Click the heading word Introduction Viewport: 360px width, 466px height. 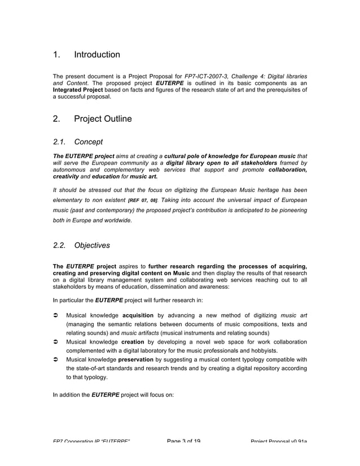point(97,55)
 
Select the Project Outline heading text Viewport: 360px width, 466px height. point(103,119)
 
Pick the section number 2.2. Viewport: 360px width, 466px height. point(60,245)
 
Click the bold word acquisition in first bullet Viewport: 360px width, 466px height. point(139,315)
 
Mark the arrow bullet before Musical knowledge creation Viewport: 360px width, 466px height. point(55,342)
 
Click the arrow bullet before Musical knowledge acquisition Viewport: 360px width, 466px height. point(55,315)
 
